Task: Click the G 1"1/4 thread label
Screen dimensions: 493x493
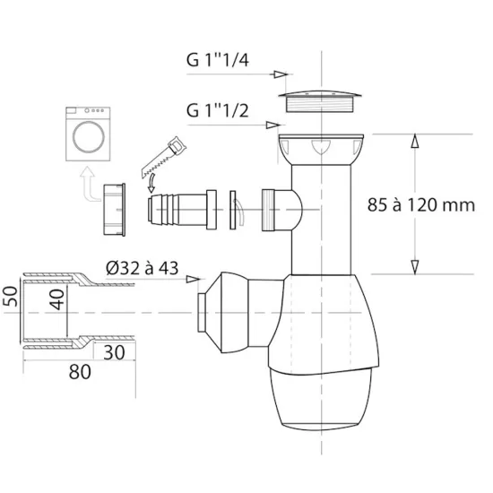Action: (x=218, y=60)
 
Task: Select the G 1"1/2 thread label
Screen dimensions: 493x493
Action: (x=218, y=110)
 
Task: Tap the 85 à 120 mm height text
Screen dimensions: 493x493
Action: (x=421, y=205)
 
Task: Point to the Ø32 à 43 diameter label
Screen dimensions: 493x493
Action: (x=143, y=268)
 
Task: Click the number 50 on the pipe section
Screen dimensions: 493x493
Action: (x=10, y=296)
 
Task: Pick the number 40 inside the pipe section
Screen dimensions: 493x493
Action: (x=56, y=299)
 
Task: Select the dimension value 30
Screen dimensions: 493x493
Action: (x=114, y=352)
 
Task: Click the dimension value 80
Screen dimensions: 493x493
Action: (x=80, y=372)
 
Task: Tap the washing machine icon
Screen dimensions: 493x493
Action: (x=88, y=134)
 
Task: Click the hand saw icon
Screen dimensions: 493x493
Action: (x=163, y=156)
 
